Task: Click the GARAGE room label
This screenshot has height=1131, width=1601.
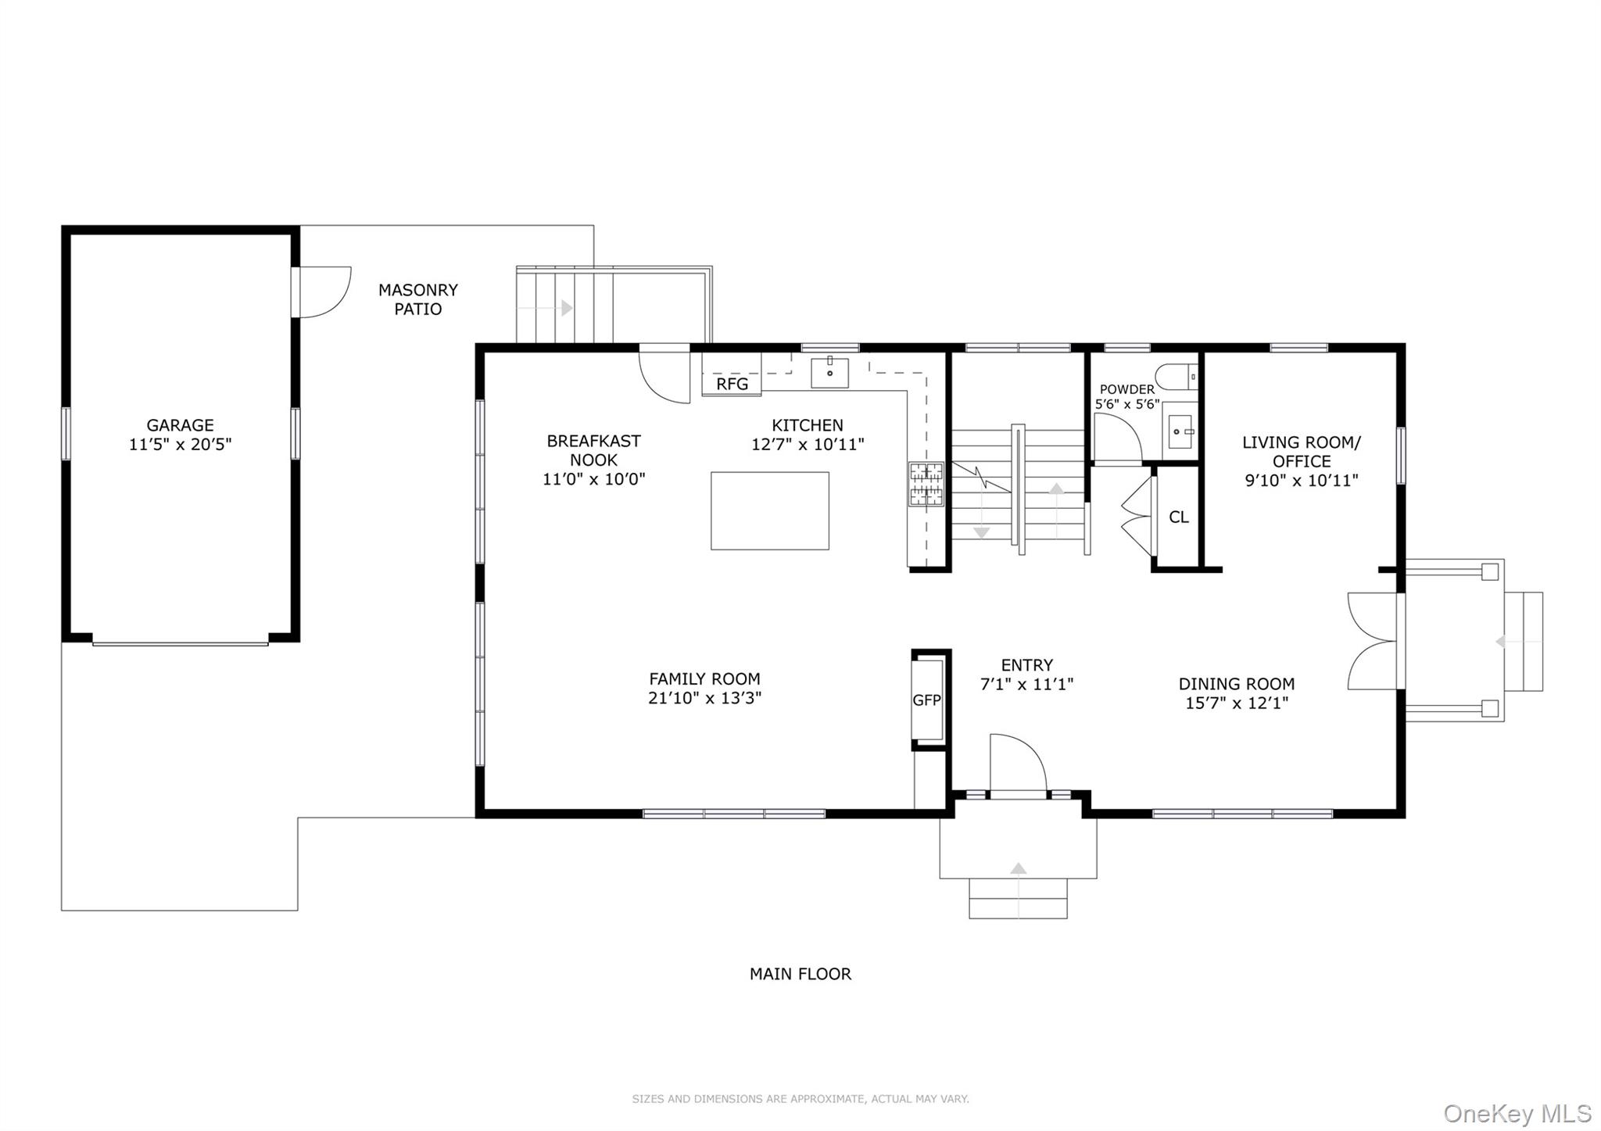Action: click(x=180, y=425)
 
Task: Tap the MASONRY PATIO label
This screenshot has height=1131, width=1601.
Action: click(x=417, y=299)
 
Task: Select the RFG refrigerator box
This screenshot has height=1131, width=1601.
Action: click(x=732, y=384)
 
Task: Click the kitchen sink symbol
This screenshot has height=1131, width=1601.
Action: click(x=829, y=373)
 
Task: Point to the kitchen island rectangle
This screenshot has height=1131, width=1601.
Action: click(x=769, y=510)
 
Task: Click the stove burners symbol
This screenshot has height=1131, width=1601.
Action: click(x=926, y=484)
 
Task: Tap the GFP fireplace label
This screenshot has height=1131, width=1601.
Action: click(x=927, y=700)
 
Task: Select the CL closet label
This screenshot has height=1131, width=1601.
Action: click(x=1178, y=517)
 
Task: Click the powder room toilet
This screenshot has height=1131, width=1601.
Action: click(x=1176, y=377)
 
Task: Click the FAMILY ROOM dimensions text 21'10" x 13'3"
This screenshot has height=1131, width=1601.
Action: click(x=704, y=698)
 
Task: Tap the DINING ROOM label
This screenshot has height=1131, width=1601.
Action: click(x=1236, y=684)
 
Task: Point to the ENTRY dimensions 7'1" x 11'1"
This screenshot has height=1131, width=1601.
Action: click(x=1026, y=685)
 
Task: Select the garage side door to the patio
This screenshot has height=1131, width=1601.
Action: click(x=322, y=292)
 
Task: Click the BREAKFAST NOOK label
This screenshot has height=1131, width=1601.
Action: click(x=593, y=450)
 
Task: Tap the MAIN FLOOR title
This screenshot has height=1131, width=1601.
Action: click(x=800, y=974)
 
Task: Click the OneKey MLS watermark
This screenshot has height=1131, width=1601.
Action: click(x=1517, y=1112)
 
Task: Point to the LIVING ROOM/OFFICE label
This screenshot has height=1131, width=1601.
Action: click(x=1301, y=452)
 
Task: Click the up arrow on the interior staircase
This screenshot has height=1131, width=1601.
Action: click(x=1056, y=489)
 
